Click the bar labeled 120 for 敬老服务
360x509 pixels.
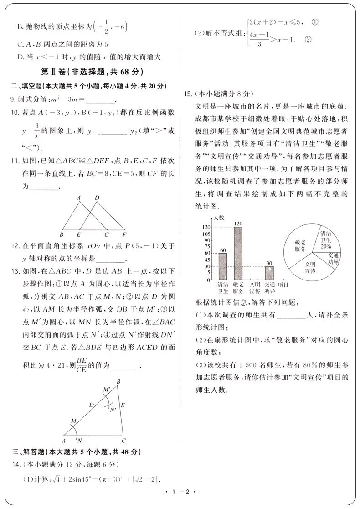click(238, 253)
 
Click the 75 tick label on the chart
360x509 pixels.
click(208, 246)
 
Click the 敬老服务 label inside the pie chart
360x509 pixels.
click(300, 246)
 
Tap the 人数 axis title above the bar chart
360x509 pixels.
click(218, 218)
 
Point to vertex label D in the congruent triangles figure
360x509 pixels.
click(97, 197)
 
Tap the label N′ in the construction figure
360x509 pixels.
click(113, 410)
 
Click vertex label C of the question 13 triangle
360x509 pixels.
click(123, 441)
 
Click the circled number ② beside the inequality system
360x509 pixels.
click(307, 40)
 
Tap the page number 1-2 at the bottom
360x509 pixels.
click(180, 492)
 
